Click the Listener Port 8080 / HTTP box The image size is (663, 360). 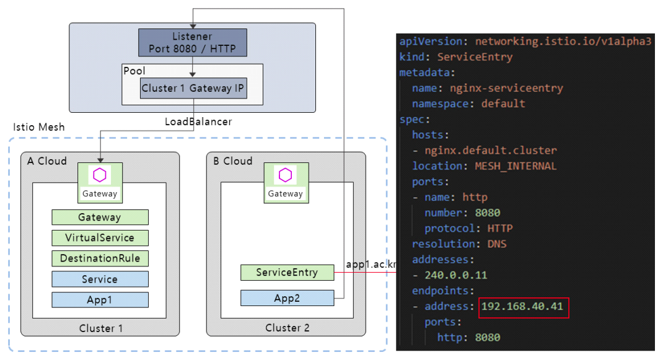pyautogui.click(x=192, y=42)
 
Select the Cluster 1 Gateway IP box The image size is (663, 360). pyautogui.click(x=193, y=88)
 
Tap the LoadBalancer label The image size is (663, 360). pyautogui.click(x=198, y=121)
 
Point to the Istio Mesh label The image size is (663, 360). pyautogui.click(x=39, y=128)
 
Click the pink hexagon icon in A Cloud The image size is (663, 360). pyautogui.click(x=99, y=175)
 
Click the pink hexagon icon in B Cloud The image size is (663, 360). pyautogui.click(x=285, y=175)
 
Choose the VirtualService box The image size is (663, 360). pyautogui.click(x=100, y=237)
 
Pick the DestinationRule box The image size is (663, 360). pyautogui.click(x=100, y=258)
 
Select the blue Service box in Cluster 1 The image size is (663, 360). pyautogui.click(x=100, y=279)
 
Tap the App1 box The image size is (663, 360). pyautogui.click(x=100, y=300)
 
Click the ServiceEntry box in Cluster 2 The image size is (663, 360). pyautogui.click(x=288, y=272)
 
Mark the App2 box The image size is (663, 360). pyautogui.click(x=288, y=299)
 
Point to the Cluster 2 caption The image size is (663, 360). pyautogui.click(x=288, y=328)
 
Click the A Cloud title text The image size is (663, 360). pyautogui.click(x=47, y=161)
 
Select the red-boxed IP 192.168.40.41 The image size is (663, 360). pyautogui.click(x=524, y=307)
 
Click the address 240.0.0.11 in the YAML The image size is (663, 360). pyautogui.click(x=456, y=275)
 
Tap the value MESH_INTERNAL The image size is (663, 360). pyautogui.click(x=516, y=166)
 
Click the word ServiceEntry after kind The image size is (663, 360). pyautogui.click(x=475, y=57)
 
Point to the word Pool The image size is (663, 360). pyautogui.click(x=134, y=71)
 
